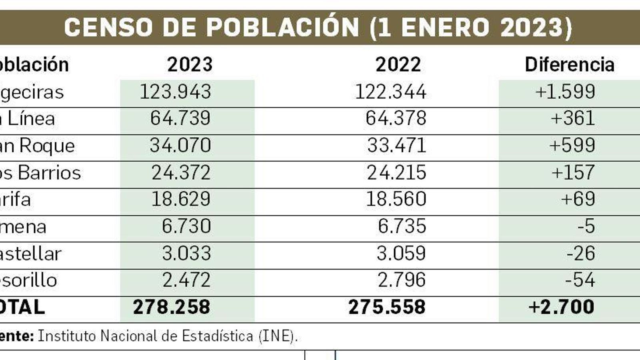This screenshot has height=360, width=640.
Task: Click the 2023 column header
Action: (190, 65)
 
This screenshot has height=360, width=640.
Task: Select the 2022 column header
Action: (398, 65)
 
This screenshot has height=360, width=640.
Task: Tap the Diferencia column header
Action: (569, 65)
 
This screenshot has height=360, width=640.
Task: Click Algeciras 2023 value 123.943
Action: (175, 92)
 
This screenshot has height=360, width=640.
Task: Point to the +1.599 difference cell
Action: (565, 92)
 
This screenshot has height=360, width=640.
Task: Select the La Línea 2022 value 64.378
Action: (396, 119)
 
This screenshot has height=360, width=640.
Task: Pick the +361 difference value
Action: (572, 119)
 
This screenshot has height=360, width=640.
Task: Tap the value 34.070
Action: (180, 146)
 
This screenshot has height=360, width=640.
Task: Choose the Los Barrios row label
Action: (40, 173)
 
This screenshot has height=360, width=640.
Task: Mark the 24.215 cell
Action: (396, 173)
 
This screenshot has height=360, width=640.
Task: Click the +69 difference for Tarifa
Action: (578, 199)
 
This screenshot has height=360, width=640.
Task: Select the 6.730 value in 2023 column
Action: (186, 226)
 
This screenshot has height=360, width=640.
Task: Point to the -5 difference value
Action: (586, 226)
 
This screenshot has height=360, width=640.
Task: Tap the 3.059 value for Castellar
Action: (401, 254)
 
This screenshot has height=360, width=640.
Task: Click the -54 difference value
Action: (580, 280)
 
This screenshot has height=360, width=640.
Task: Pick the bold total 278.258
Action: (171, 307)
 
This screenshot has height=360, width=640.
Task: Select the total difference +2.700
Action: (561, 307)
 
